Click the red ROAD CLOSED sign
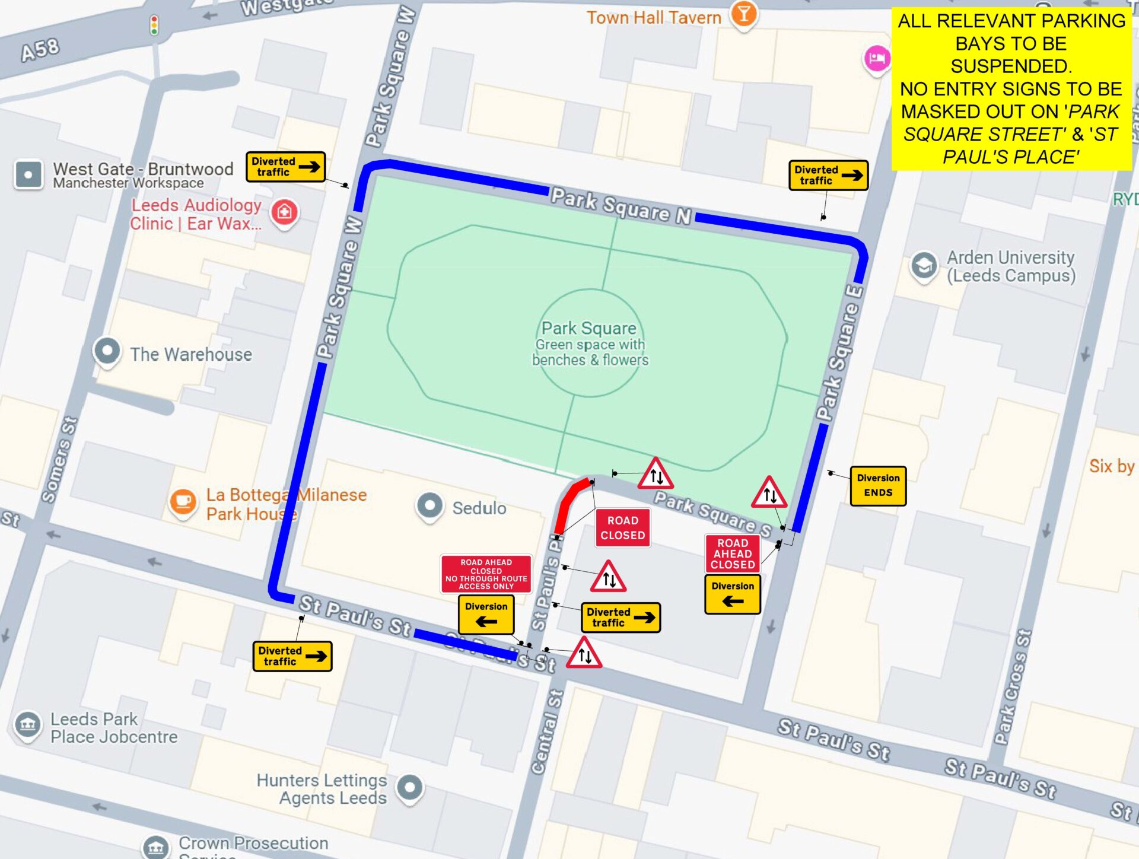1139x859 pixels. (x=622, y=527)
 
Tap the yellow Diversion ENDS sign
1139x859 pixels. (x=877, y=485)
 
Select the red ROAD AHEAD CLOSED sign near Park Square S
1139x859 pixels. (x=733, y=553)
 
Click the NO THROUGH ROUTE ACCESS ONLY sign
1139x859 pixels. (x=486, y=574)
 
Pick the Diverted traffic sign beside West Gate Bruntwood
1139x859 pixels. (x=285, y=167)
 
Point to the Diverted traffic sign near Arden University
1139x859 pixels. (x=828, y=175)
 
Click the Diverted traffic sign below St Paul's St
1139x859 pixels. (x=292, y=656)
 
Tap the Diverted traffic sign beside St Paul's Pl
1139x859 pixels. (x=620, y=618)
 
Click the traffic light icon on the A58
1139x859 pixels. (x=154, y=26)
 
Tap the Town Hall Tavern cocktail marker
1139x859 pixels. (x=743, y=13)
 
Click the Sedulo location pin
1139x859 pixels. (x=429, y=506)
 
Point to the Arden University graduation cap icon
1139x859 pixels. (x=924, y=265)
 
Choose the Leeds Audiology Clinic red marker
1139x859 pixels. (x=284, y=212)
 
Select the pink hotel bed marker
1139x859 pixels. (x=876, y=59)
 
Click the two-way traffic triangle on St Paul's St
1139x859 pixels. (x=584, y=654)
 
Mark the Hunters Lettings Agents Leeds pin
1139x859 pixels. (x=409, y=788)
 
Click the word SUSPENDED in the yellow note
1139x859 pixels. (x=1011, y=66)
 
